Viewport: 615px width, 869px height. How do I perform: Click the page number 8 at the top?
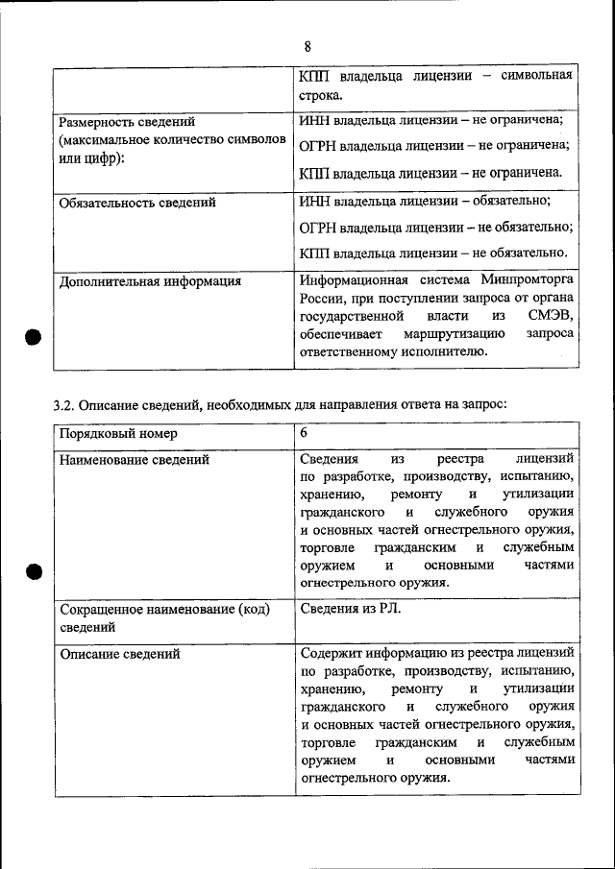(x=307, y=46)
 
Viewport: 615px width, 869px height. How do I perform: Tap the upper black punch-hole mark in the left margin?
(x=32, y=338)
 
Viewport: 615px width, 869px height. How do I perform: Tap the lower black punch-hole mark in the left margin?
(x=32, y=572)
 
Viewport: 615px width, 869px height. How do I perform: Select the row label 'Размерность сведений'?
(x=127, y=122)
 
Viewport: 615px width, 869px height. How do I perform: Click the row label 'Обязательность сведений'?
(x=137, y=203)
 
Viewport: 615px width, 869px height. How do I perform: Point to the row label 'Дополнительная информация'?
(x=150, y=281)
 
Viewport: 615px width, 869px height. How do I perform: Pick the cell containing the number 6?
(x=305, y=434)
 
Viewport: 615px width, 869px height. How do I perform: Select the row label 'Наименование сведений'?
(x=135, y=460)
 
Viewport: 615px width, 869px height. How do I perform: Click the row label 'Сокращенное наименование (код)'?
(x=164, y=610)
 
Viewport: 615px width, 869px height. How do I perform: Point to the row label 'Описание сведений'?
(x=119, y=654)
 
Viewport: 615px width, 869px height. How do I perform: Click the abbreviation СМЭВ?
(x=553, y=316)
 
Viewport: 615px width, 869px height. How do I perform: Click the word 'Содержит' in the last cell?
(x=330, y=653)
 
